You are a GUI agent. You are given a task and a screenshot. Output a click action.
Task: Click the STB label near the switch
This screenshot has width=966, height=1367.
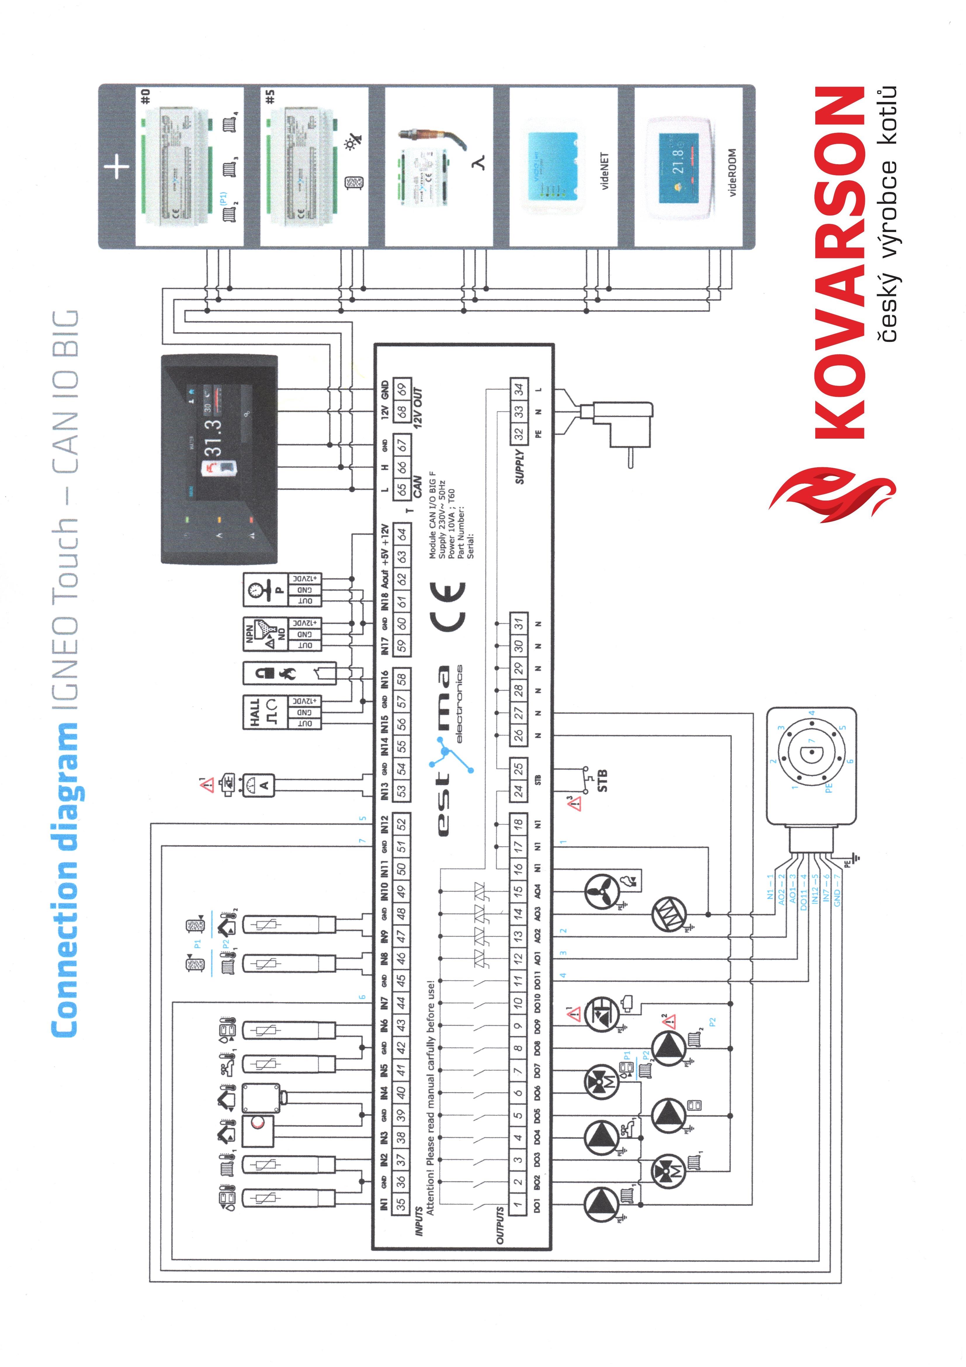pyautogui.click(x=602, y=780)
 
